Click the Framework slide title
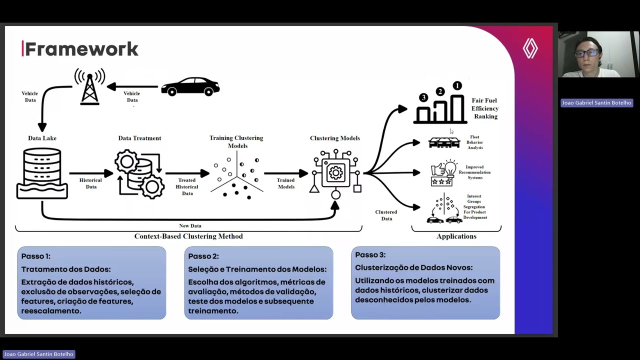pyautogui.click(x=81, y=49)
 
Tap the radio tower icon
pyautogui.click(x=90, y=87)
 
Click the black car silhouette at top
pyautogui.click(x=190, y=86)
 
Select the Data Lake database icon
pyautogui.click(x=42, y=173)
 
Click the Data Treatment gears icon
pyautogui.click(x=139, y=173)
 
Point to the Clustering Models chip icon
pyautogui.click(x=335, y=173)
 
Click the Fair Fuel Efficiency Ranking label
pyautogui.click(x=484, y=108)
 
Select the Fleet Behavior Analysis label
pyautogui.click(x=474, y=142)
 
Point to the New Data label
pyautogui.click(x=190, y=226)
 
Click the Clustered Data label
pyautogui.click(x=386, y=215)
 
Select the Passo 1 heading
pyautogui.click(x=35, y=256)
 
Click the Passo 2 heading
pyautogui.click(x=203, y=256)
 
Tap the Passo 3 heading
pyautogui.click(x=370, y=254)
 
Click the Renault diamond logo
pyautogui.click(x=530, y=48)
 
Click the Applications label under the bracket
pyautogui.click(x=456, y=236)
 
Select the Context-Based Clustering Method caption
pyautogui.click(x=188, y=236)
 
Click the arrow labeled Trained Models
pyautogui.click(x=286, y=173)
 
